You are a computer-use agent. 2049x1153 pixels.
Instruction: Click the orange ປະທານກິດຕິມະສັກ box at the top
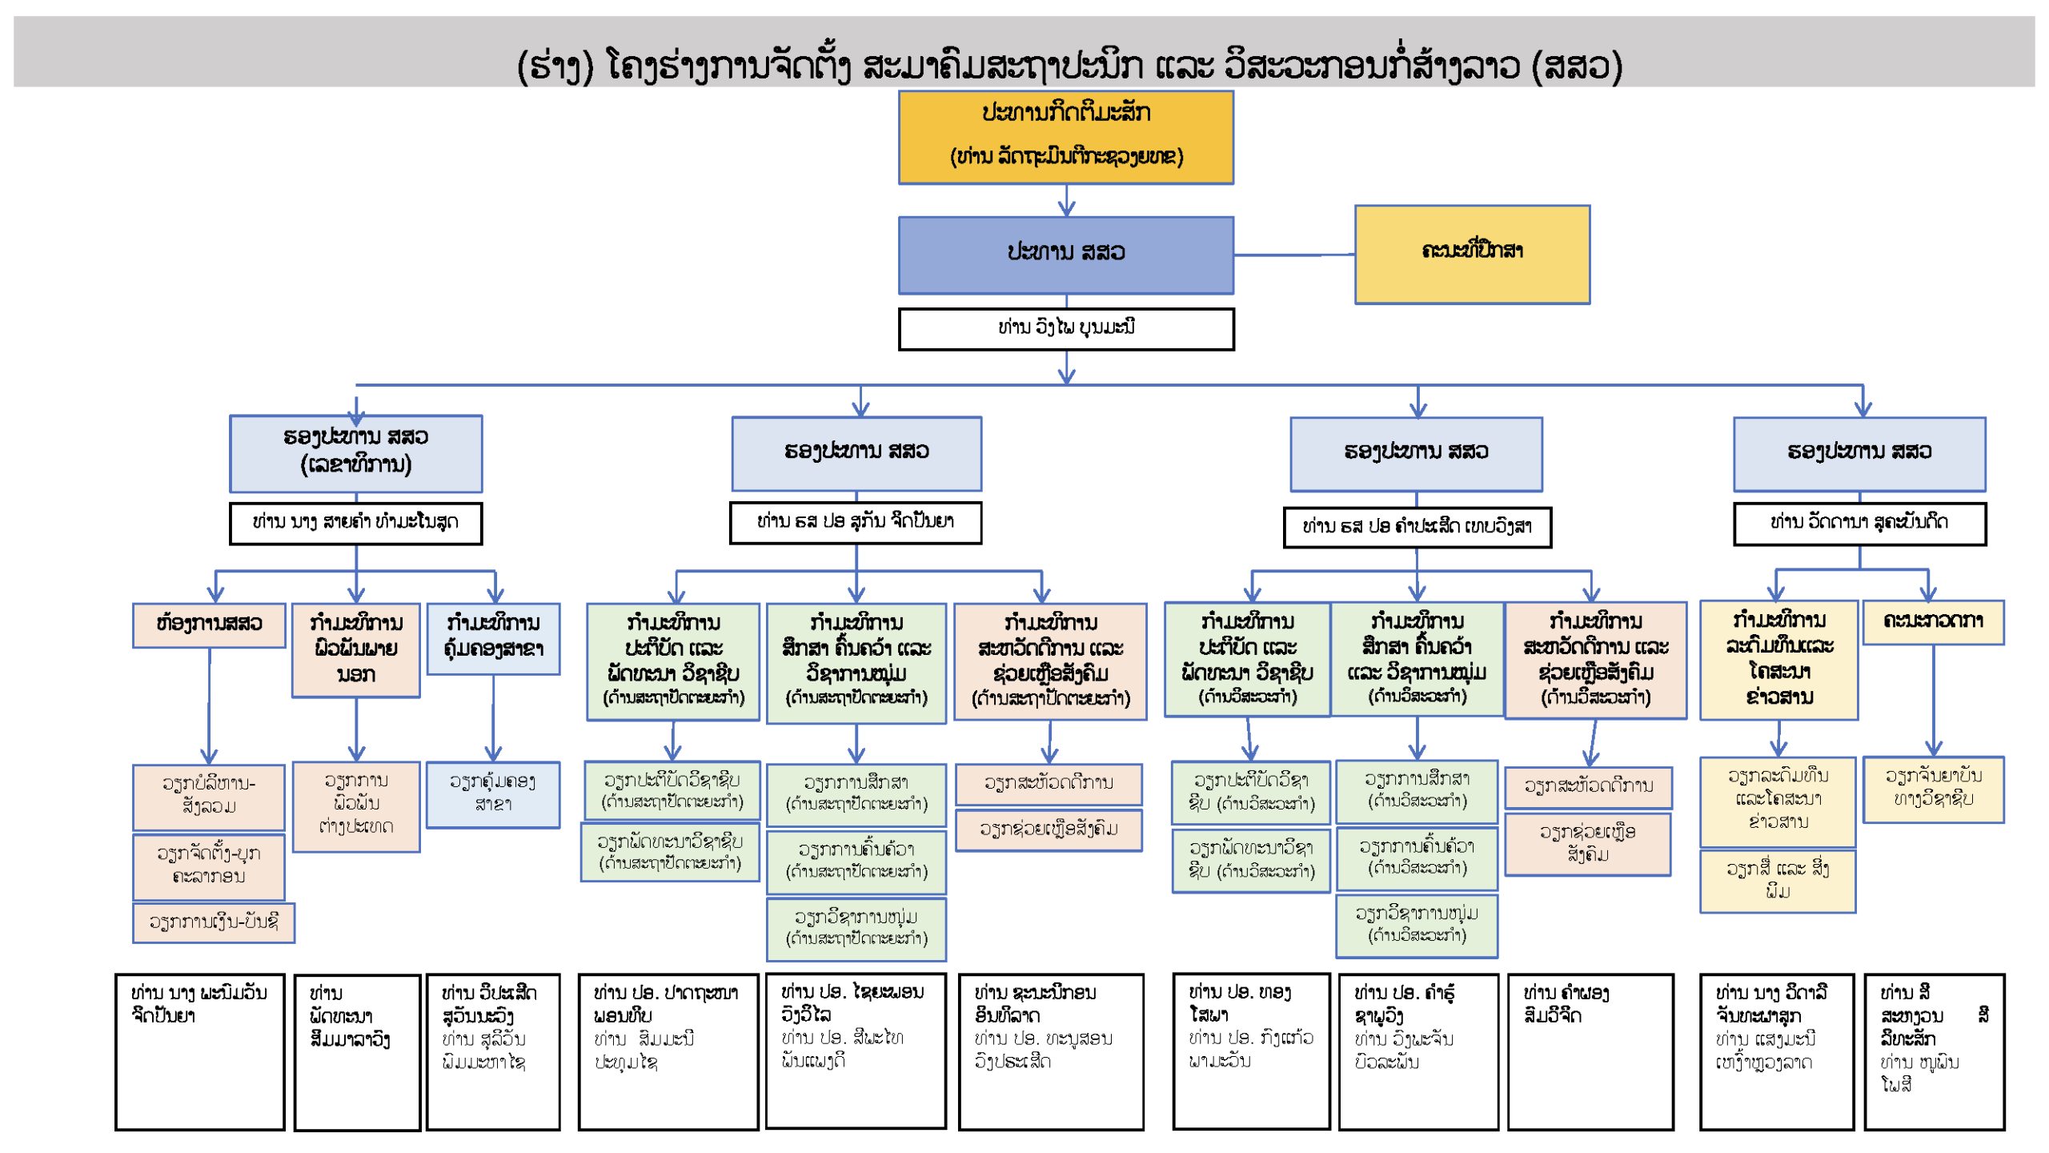coord(1065,137)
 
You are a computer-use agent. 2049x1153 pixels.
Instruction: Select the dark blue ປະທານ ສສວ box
coord(1065,254)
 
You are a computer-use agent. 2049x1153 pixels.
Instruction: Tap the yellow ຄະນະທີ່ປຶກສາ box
coord(1471,254)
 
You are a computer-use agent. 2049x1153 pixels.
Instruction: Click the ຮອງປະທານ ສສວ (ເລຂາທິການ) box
coord(355,452)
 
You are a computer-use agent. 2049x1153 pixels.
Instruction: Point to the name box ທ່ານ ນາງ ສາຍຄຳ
coord(355,523)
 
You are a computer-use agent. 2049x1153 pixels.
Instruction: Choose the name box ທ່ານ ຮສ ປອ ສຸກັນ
coord(855,522)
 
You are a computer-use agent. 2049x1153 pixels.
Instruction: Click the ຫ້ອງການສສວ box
coord(209,625)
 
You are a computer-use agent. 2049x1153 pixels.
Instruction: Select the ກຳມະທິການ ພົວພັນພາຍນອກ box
coord(355,649)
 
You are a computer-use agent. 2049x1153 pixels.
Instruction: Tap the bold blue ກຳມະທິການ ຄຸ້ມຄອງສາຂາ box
coord(493,638)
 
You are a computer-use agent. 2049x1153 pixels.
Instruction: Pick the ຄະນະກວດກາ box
coord(1932,622)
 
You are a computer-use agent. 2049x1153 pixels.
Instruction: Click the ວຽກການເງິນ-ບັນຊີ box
coord(214,922)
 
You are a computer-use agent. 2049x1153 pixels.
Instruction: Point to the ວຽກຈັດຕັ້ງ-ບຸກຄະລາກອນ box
coord(209,866)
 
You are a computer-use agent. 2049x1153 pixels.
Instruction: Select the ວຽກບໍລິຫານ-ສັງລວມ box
coord(209,797)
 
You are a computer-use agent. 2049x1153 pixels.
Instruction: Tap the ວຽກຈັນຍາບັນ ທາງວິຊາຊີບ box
coord(1932,789)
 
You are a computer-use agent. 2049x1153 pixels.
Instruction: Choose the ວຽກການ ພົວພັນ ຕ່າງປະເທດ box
coord(355,805)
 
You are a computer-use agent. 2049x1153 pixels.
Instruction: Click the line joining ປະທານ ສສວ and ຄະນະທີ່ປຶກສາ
coord(1293,255)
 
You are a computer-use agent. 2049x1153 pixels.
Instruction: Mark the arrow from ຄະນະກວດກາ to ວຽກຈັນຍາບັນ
coord(1933,701)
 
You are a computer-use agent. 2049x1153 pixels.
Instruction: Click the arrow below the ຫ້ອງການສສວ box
coord(210,705)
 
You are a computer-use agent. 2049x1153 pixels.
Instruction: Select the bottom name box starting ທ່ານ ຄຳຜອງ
coord(1590,1051)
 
